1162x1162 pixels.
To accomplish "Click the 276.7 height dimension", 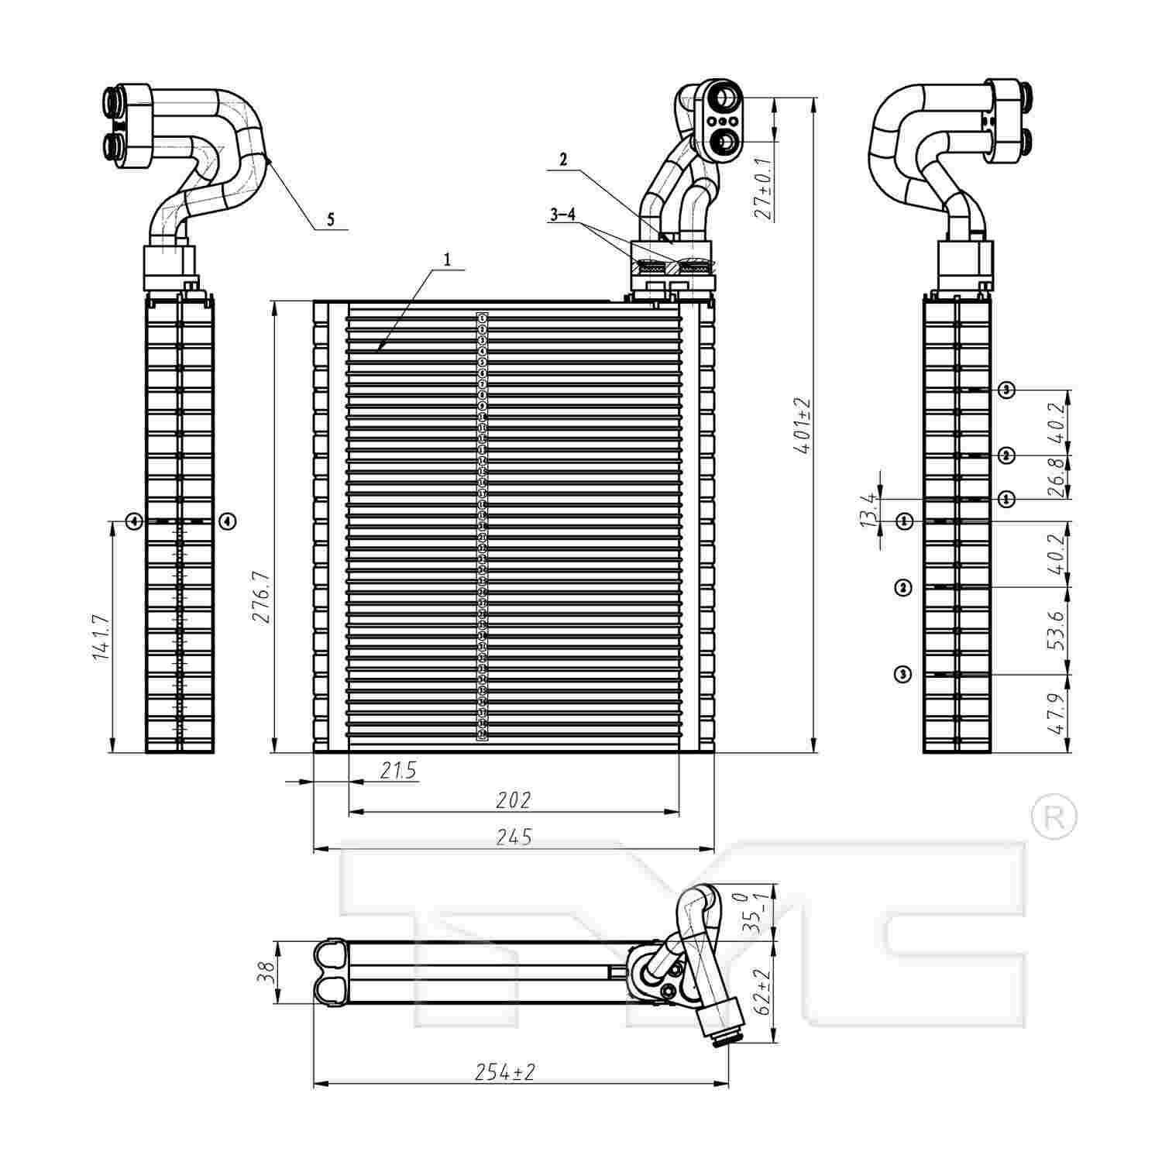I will pyautogui.click(x=260, y=596).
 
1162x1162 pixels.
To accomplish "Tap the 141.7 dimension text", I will pyautogui.click(x=100, y=638).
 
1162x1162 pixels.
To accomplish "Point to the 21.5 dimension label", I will pyautogui.click(x=398, y=770).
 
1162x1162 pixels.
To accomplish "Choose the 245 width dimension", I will pyautogui.click(x=513, y=837).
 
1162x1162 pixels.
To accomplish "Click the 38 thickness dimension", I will pyautogui.click(x=265, y=971).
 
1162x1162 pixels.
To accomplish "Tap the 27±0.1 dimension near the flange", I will pyautogui.click(x=763, y=189).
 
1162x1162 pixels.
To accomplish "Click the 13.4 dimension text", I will pyautogui.click(x=869, y=510).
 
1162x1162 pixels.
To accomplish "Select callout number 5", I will pyautogui.click(x=331, y=220).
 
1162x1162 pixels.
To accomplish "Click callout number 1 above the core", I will pyautogui.click(x=447, y=260).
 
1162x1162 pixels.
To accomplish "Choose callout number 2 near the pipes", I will pyautogui.click(x=563, y=160).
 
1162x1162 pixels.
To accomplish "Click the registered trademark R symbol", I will pyautogui.click(x=1054, y=816).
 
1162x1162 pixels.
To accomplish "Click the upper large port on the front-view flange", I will pyautogui.click(x=727, y=98).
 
